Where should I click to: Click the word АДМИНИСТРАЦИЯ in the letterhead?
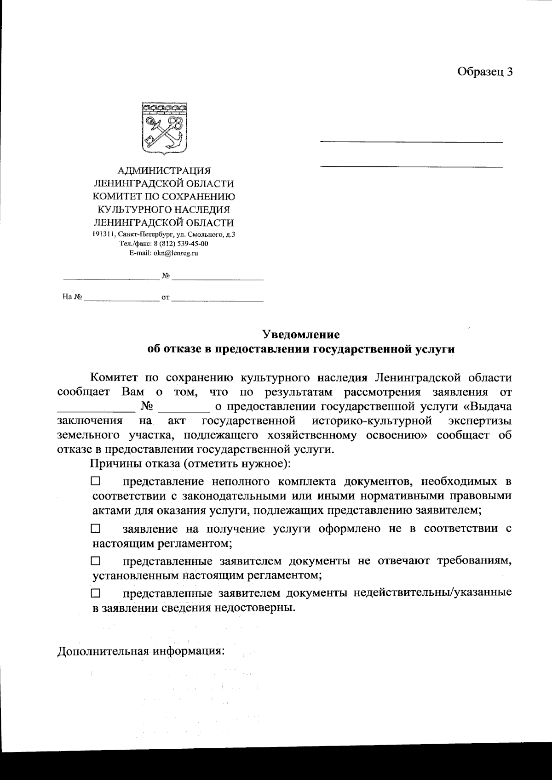pos(164,171)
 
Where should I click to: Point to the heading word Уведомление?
pos(301,334)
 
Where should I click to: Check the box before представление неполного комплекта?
pos(95,481)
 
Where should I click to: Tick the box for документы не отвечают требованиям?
pos(95,561)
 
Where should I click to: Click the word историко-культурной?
pos(372,421)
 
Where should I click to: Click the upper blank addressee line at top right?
pos(411,142)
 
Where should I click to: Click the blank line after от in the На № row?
pos(217,300)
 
